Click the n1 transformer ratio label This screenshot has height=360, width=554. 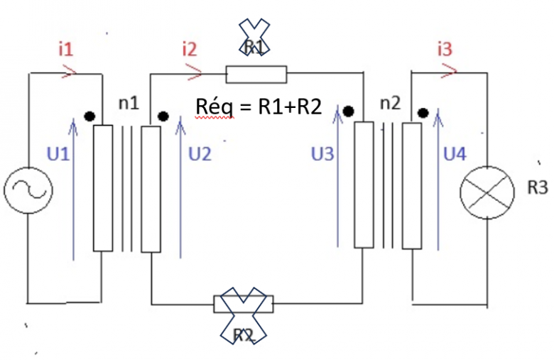pos(129,103)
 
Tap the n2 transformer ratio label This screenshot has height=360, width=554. pos(391,103)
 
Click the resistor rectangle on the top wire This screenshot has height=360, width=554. pos(256,74)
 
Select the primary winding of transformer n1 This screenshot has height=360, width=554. pos(103,188)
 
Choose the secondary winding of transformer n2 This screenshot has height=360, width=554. pos(412,185)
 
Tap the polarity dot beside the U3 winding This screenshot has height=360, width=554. pos(349,110)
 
